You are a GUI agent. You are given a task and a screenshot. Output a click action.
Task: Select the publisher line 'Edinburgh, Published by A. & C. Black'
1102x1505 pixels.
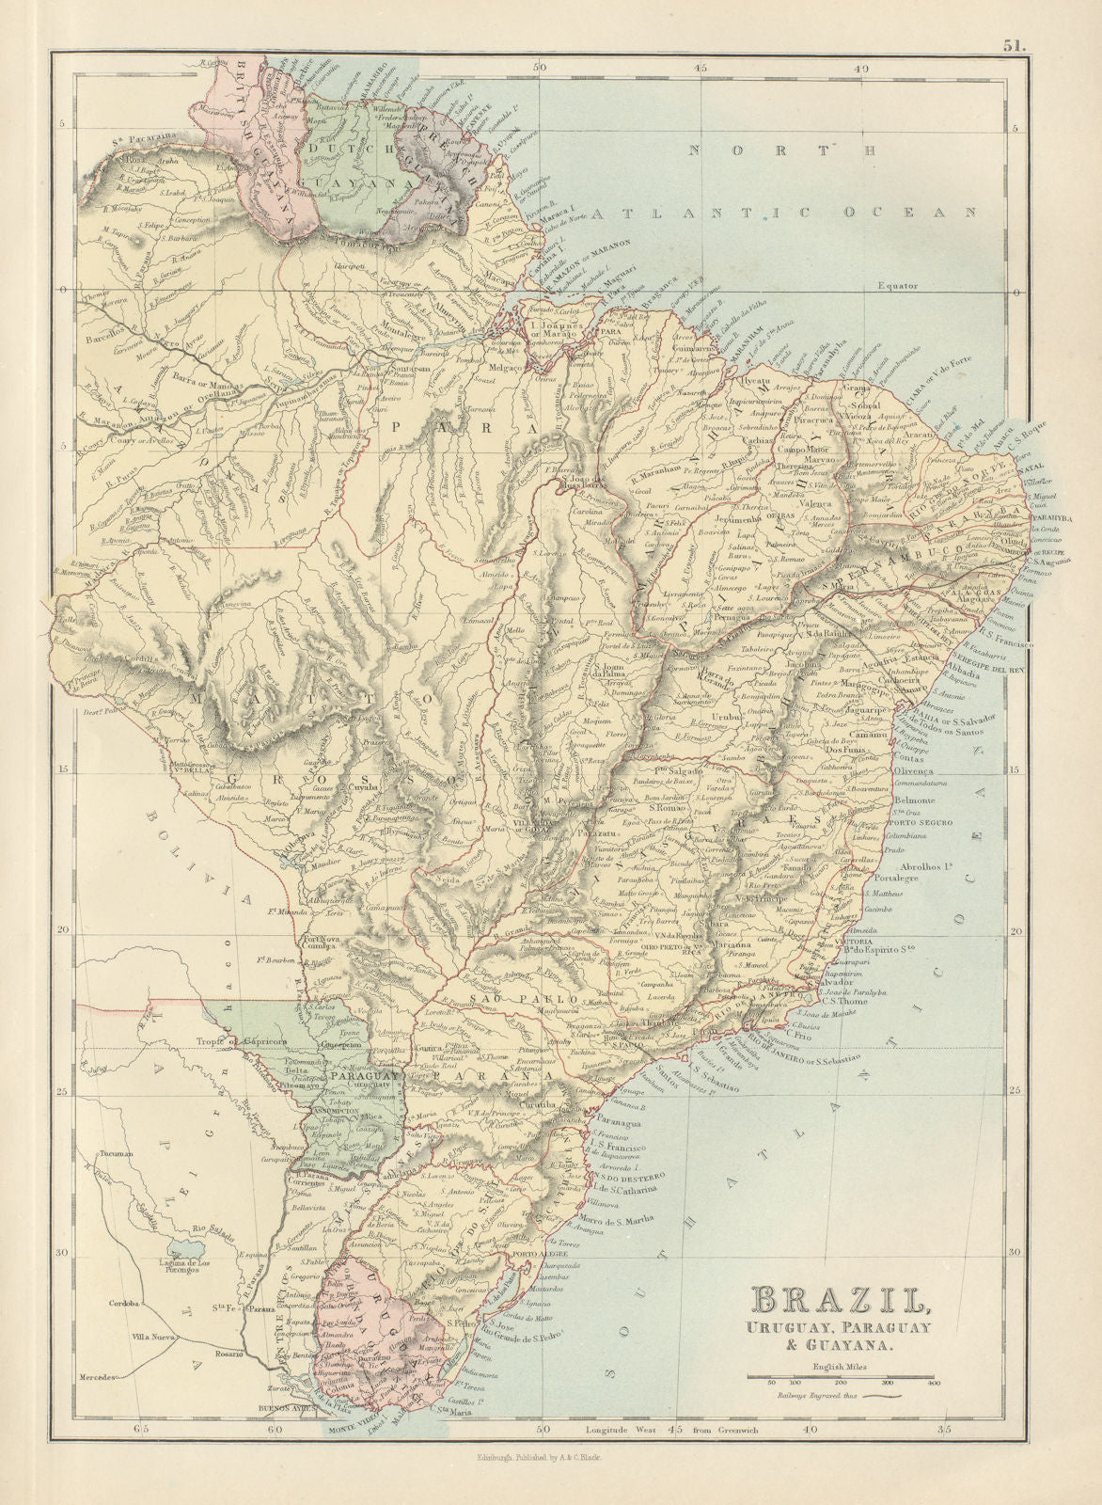(545, 1458)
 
